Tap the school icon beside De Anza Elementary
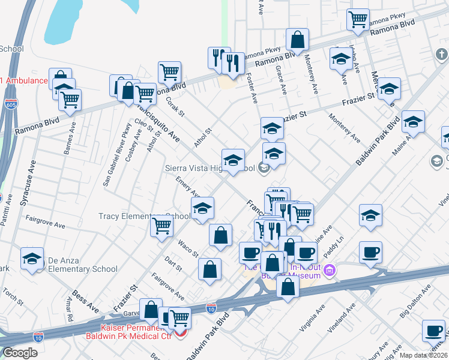32,259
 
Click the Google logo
20,353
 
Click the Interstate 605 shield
10,103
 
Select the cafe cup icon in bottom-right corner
433,330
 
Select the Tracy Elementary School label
144,216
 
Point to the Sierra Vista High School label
210,169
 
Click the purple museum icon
328,272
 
